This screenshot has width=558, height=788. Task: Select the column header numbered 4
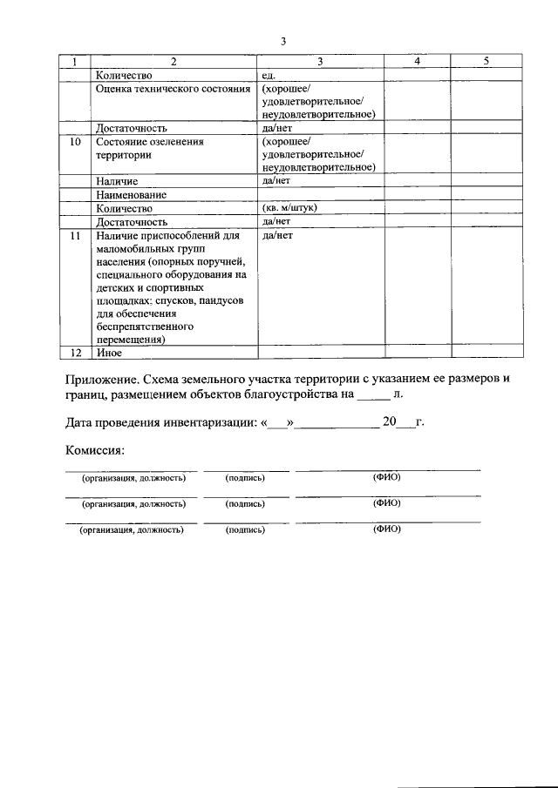pos(417,62)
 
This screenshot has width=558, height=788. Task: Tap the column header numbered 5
pos(486,62)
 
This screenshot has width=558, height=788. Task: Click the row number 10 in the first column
pos(75,141)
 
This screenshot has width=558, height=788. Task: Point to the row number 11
pos(75,236)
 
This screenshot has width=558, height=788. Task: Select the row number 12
pos(75,353)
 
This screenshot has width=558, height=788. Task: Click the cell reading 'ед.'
pos(269,75)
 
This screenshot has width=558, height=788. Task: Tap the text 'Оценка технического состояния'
pos(173,89)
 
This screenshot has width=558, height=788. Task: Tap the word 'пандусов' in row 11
pos(221,300)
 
